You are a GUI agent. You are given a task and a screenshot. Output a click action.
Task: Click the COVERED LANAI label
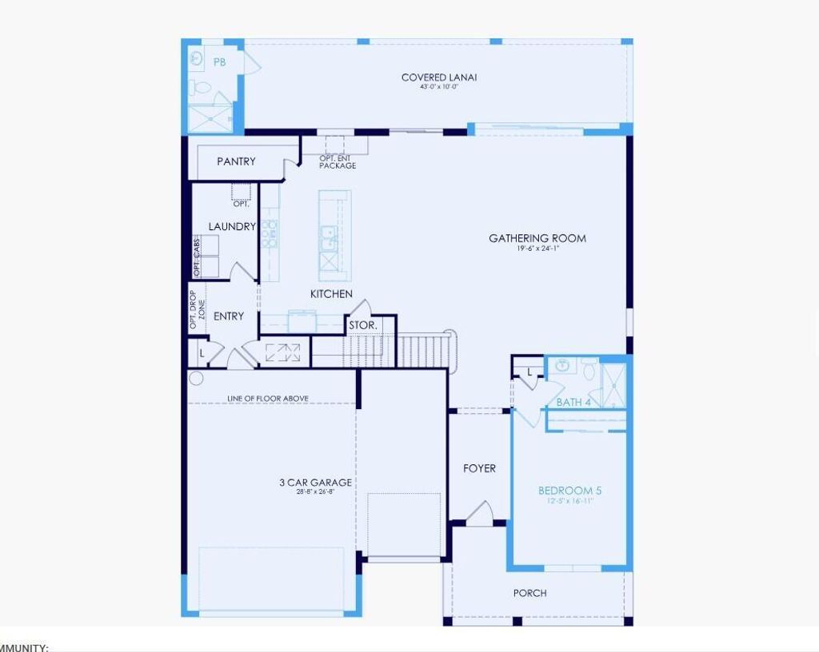tap(439, 78)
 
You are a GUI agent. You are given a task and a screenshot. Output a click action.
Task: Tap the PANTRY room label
tap(236, 161)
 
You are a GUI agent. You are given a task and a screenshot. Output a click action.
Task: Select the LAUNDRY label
tap(232, 227)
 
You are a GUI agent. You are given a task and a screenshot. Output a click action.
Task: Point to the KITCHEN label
tap(331, 294)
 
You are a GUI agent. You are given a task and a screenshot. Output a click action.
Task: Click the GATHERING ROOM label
tap(537, 238)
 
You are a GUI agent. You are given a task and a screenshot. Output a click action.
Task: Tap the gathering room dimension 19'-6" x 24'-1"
tap(537, 248)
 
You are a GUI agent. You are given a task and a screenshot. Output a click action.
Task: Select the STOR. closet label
tap(362, 326)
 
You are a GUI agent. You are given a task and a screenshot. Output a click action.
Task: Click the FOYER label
tap(479, 468)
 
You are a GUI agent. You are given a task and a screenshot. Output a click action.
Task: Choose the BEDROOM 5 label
tap(569, 491)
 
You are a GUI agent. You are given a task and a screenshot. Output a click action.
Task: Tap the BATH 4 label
tap(573, 402)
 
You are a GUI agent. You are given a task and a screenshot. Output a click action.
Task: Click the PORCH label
tap(529, 593)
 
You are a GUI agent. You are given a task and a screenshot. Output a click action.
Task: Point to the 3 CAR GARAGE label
tap(315, 482)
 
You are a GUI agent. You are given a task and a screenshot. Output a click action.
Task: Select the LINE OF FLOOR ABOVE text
tap(268, 398)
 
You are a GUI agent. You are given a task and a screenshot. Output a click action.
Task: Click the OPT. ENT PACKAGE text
tap(337, 162)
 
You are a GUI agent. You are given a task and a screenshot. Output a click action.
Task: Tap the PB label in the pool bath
tap(219, 62)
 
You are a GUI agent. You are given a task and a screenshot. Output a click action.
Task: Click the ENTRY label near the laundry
tap(229, 316)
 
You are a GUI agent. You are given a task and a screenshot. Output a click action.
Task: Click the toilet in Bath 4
tap(589, 370)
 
